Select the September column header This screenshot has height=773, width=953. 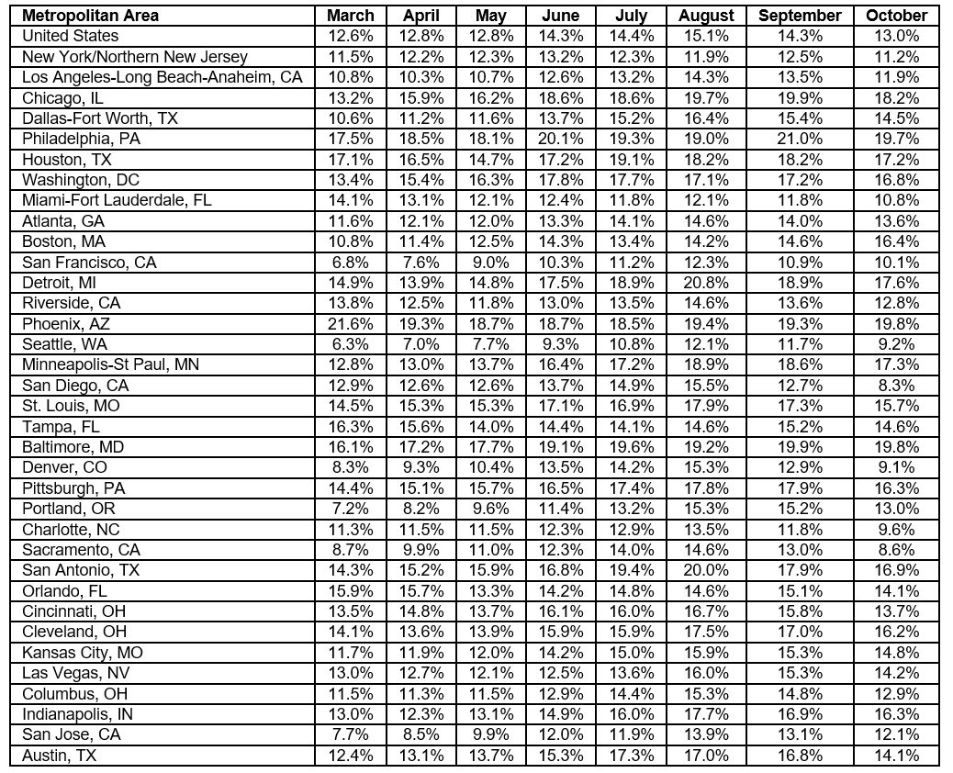click(x=800, y=16)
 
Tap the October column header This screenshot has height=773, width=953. click(x=896, y=16)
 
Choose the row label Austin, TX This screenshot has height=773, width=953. click(x=59, y=756)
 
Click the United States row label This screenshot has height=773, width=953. click(x=71, y=36)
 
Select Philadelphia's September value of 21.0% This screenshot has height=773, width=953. click(x=800, y=139)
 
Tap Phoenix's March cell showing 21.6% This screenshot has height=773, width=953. click(x=350, y=324)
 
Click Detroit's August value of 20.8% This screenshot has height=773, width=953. click(x=706, y=283)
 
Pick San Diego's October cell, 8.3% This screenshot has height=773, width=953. click(x=896, y=386)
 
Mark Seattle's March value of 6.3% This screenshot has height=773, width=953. click(x=350, y=344)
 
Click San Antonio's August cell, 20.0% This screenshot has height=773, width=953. click(x=706, y=570)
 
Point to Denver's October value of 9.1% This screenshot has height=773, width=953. click(x=896, y=467)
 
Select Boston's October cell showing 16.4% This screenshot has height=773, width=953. click(x=896, y=241)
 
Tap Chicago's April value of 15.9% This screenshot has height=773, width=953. click(x=422, y=97)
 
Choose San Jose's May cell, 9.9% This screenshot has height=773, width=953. click(x=491, y=734)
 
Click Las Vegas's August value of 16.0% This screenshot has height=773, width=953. click(x=706, y=673)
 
